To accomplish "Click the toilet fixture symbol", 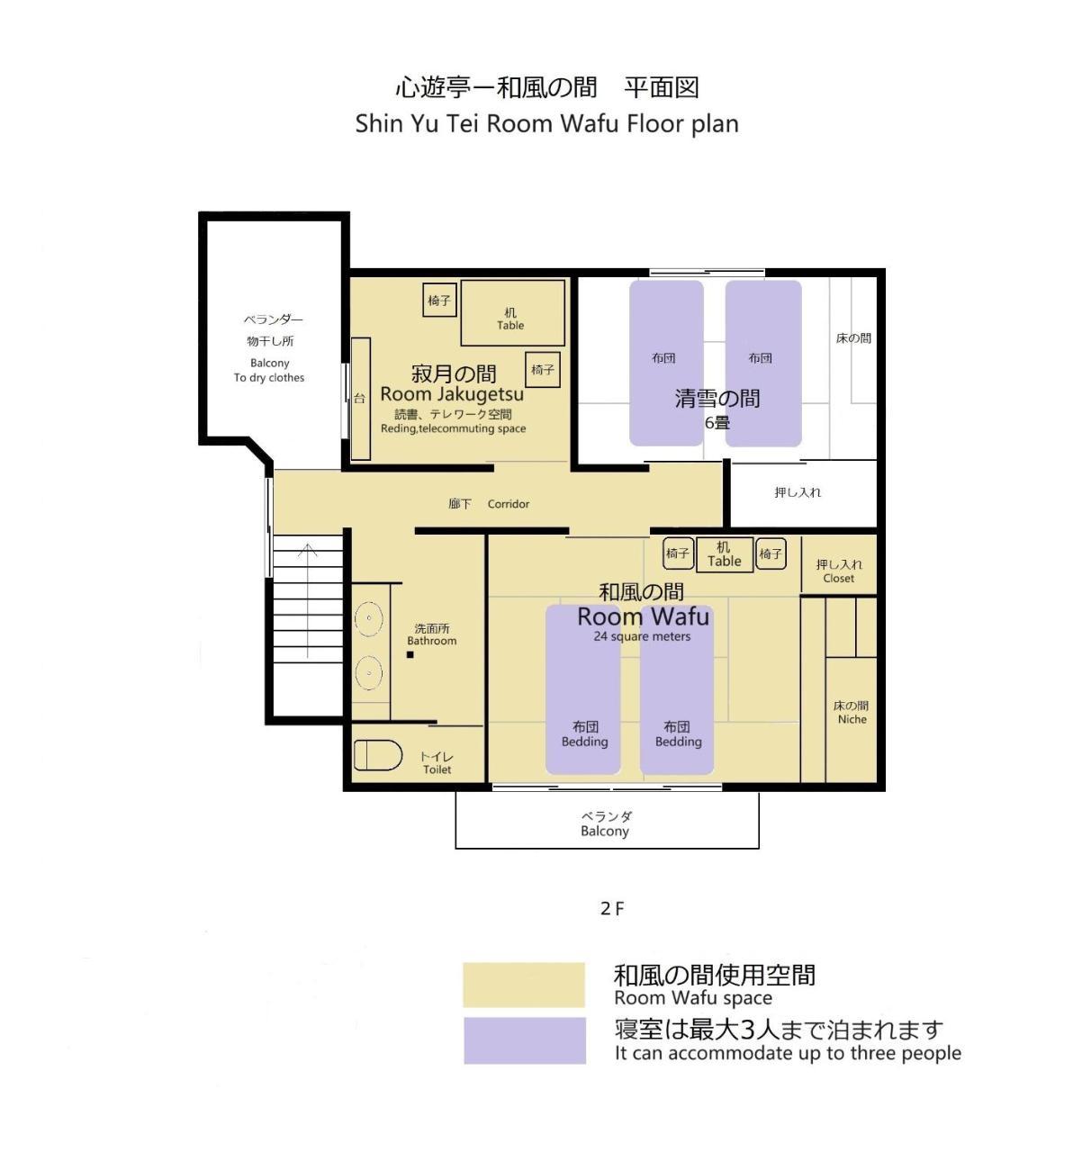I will (x=377, y=755).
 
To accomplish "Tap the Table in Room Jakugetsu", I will (x=512, y=313).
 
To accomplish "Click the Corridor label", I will (x=508, y=504).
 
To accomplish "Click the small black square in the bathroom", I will (x=410, y=654).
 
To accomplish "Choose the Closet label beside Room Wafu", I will (x=838, y=579).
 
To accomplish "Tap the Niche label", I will (x=852, y=719).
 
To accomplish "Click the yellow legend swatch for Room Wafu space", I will (x=524, y=985).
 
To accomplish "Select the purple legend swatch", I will (x=524, y=1040).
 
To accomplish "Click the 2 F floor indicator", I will (x=612, y=909).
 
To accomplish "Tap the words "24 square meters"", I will (x=642, y=636).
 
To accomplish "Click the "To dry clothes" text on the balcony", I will (x=269, y=378).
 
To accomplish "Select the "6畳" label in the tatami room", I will (x=717, y=422).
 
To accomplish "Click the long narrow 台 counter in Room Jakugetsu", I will (x=360, y=399).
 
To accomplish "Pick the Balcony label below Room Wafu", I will (x=604, y=832).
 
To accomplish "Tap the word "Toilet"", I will (x=437, y=769).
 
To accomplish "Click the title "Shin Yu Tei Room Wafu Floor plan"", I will (x=546, y=123).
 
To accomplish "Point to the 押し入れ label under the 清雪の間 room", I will (x=798, y=492).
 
